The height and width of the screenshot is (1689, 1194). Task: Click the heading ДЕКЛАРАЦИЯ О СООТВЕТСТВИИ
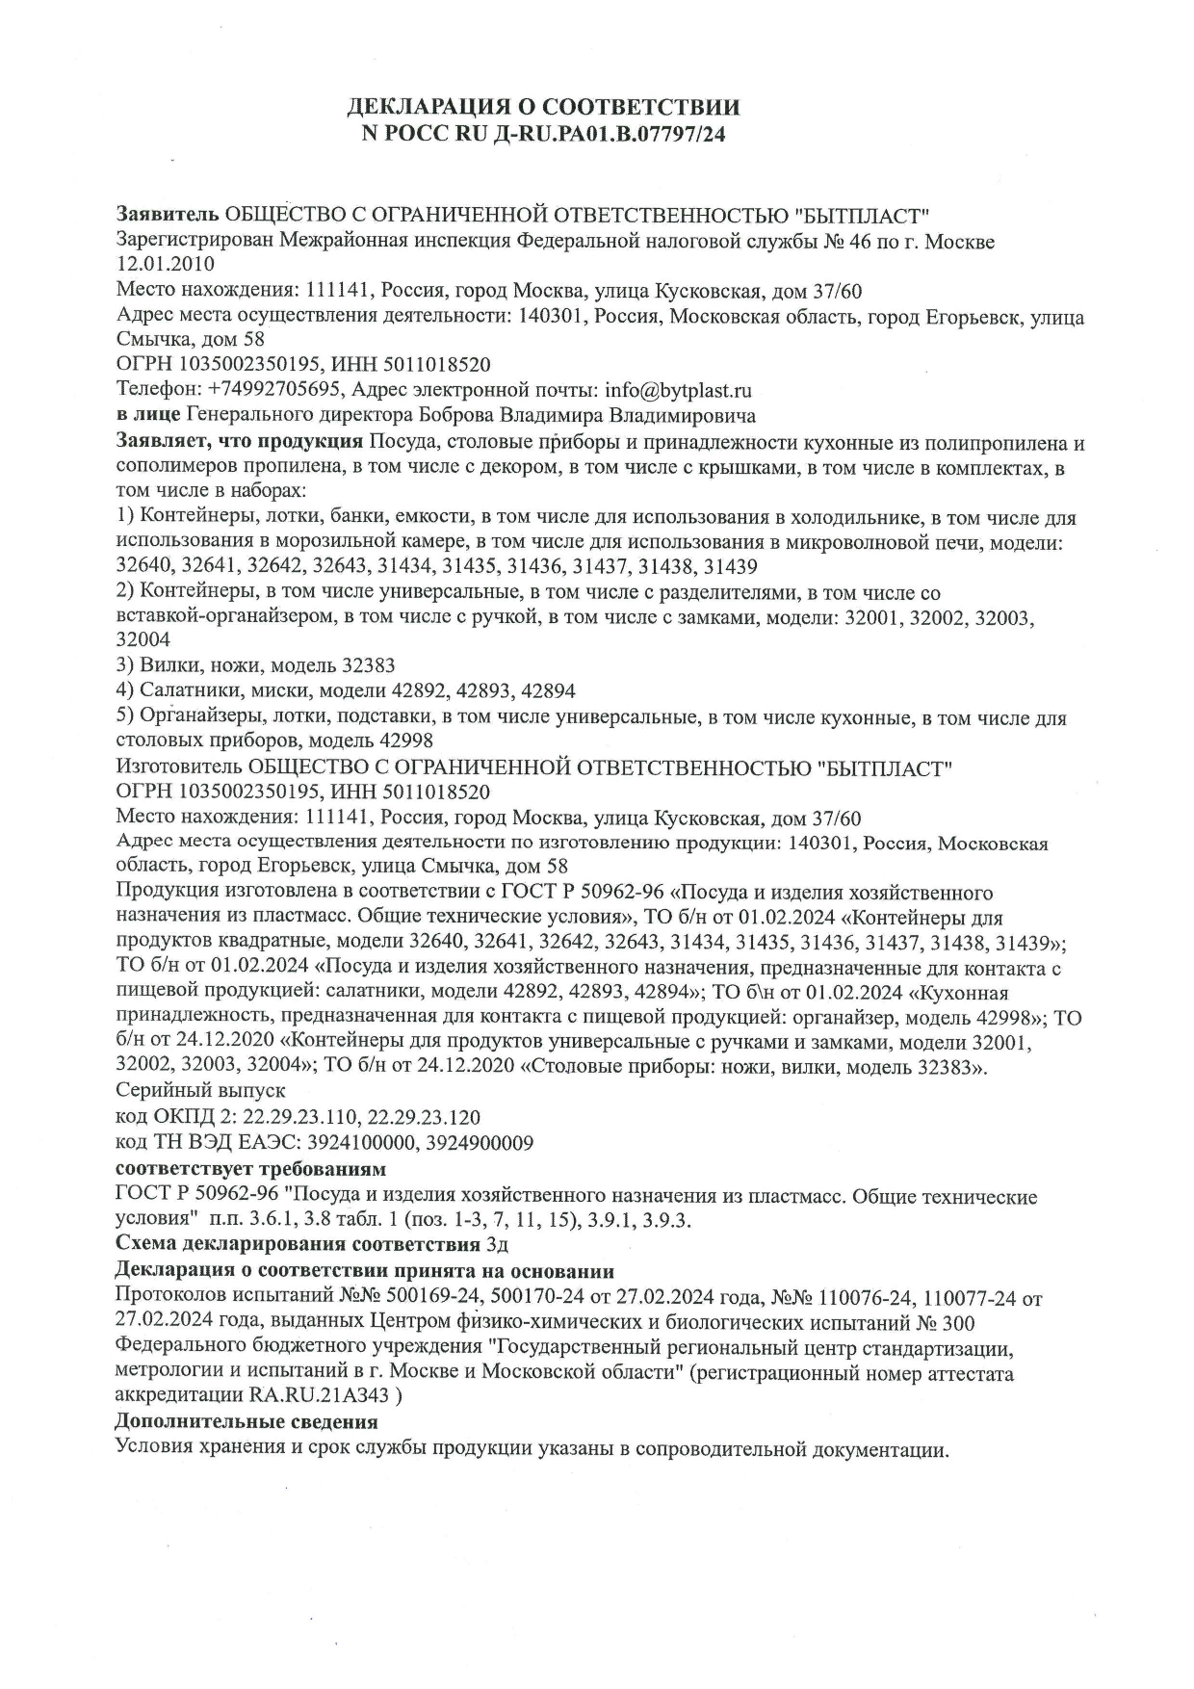tap(544, 106)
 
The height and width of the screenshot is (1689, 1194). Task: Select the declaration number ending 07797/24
tap(544, 134)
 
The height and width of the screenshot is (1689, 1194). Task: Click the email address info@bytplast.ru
tap(677, 391)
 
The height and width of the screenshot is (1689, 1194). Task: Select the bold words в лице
tap(147, 416)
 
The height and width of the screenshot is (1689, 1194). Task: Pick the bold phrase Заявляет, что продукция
tap(239, 442)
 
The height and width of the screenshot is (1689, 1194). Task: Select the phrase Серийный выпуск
tap(200, 1091)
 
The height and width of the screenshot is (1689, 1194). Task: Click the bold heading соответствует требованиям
tap(250, 1169)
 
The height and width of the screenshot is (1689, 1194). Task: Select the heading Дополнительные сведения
tap(247, 1421)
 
